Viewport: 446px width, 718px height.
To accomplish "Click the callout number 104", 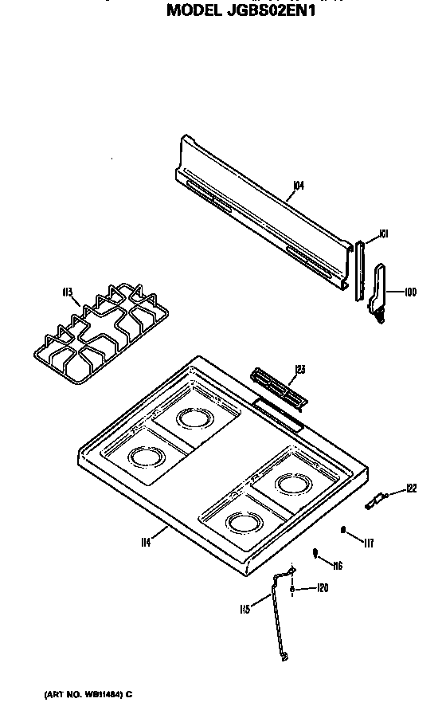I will pos(299,186).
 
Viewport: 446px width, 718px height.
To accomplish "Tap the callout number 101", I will pos(383,233).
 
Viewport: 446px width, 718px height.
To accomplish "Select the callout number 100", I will pos(410,292).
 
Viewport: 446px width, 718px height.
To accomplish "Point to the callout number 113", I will pos(68,292).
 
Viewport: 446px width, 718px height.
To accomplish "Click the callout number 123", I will pos(299,368).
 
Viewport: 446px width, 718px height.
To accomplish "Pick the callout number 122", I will pos(411,488).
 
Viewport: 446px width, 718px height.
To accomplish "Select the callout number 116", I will pos(337,566).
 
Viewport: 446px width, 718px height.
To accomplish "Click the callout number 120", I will pos(322,589).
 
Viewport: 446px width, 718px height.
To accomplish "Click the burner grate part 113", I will pos(100,331).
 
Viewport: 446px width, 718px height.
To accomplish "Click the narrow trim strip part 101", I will pos(360,271).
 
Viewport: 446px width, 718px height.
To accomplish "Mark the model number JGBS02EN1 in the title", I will pos(263,11).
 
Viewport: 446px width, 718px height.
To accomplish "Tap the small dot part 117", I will pos(344,529).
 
